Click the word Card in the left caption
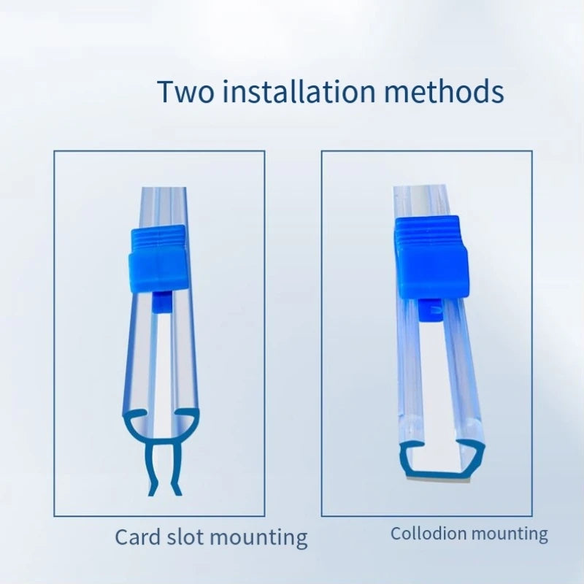pyautogui.click(x=138, y=537)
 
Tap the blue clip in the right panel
pyautogui.click(x=431, y=258)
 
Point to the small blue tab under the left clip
pyautogui.click(x=161, y=303)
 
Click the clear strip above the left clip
pyautogui.click(x=163, y=207)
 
